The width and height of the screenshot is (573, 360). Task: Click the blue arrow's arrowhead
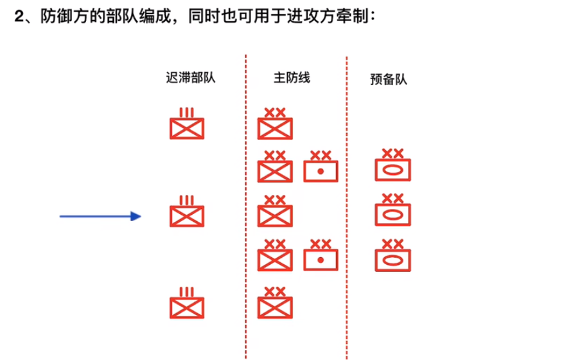(x=136, y=217)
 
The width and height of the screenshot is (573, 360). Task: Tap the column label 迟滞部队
(x=190, y=78)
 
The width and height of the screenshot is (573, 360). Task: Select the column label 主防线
(x=292, y=78)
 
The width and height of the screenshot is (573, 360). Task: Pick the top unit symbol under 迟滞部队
(x=187, y=128)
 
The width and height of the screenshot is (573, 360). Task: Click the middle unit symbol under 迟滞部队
(x=187, y=216)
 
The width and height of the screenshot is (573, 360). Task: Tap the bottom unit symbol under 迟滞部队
(x=187, y=307)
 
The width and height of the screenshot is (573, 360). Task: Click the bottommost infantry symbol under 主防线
(x=276, y=307)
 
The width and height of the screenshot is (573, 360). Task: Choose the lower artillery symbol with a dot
(x=321, y=259)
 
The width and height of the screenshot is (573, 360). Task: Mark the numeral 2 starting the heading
(x=19, y=17)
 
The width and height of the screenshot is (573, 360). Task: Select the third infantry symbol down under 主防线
(x=276, y=215)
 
